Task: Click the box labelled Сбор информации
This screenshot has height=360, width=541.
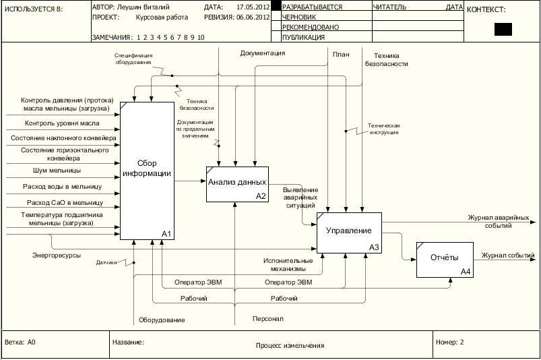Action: [x=147, y=171]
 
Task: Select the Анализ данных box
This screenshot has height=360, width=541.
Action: [x=237, y=183]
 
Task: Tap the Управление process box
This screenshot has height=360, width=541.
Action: [x=349, y=232]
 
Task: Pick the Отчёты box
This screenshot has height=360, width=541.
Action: [x=444, y=259]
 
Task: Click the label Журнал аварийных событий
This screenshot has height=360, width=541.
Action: [x=498, y=222]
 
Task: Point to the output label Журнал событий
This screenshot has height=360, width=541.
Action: [x=508, y=256]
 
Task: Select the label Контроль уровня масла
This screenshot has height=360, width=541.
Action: [x=62, y=123]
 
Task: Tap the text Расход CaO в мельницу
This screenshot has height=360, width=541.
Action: [x=64, y=202]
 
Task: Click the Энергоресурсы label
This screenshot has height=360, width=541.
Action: [x=57, y=256]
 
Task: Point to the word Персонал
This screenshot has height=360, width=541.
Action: [x=268, y=318]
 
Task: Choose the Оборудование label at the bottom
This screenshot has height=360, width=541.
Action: [x=162, y=320]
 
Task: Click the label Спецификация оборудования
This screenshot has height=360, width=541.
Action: [x=133, y=59]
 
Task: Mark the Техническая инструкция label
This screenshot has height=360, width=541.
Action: [x=384, y=129]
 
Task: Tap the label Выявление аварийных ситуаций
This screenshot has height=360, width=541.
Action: [x=300, y=198]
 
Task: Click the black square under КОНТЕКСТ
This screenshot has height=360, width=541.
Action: [x=503, y=29]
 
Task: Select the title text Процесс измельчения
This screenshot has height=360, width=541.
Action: [x=290, y=346]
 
